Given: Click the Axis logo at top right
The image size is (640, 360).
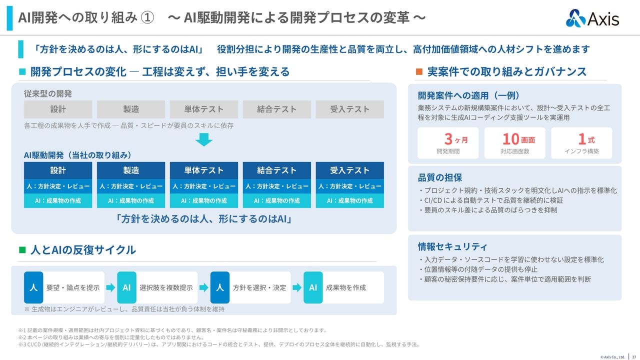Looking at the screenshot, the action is [x=592, y=18].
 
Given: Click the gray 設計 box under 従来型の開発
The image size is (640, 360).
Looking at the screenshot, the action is [x=58, y=109].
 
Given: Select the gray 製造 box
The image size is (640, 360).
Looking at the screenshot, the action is [x=131, y=109].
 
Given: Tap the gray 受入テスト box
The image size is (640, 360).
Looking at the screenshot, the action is [x=349, y=109].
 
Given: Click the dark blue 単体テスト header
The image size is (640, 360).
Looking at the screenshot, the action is [x=203, y=170].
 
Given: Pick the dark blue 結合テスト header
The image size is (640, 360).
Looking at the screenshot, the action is [x=277, y=170].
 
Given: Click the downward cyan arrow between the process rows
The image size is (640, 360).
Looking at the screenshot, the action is [x=203, y=139].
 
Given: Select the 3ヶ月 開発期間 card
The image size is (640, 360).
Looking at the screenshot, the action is [x=448, y=143].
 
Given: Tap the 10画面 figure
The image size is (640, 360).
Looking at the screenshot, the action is [x=518, y=139].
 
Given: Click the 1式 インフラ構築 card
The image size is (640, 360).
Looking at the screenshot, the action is [x=581, y=143].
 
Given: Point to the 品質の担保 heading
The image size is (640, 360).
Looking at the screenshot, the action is [x=439, y=177].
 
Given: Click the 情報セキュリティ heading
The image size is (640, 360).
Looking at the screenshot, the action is [x=452, y=246].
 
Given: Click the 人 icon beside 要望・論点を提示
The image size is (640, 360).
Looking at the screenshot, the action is [x=33, y=287].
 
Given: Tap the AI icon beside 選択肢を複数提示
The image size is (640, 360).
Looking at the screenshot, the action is [x=126, y=287].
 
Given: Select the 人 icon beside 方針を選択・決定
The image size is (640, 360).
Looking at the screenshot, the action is [x=219, y=287].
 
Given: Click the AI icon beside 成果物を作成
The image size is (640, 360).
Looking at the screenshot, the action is [x=313, y=287].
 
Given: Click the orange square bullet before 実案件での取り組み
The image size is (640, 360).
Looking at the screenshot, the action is [x=419, y=71].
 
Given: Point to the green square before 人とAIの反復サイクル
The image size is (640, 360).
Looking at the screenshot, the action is [x=22, y=250].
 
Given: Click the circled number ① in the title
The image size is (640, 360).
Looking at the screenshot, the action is [x=147, y=17].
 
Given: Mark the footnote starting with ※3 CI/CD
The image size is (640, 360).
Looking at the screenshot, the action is [x=219, y=344].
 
